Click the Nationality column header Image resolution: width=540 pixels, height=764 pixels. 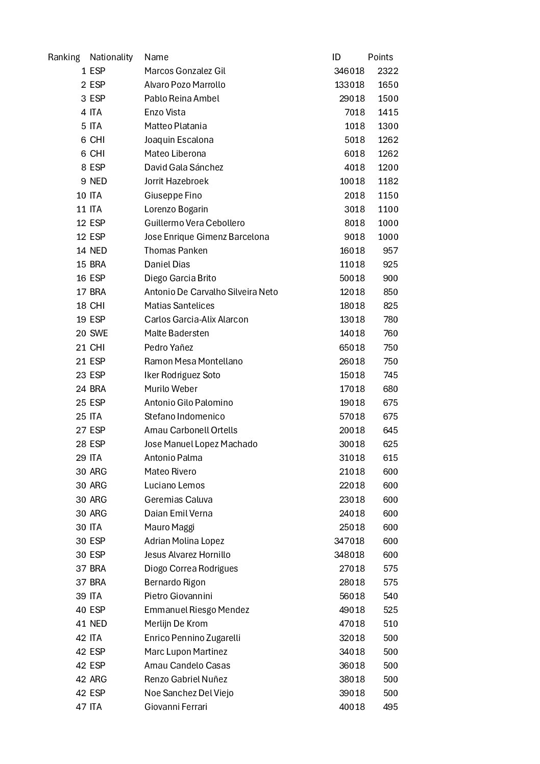click(x=111, y=57)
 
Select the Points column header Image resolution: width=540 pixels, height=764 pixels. click(x=380, y=57)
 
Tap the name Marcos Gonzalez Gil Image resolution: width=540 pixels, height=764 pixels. click(x=185, y=71)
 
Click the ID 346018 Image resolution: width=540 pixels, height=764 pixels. click(x=349, y=71)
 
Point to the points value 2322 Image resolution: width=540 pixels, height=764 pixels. click(x=388, y=71)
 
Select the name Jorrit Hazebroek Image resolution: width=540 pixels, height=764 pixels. click(x=176, y=181)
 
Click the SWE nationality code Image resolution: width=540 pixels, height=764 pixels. click(x=99, y=333)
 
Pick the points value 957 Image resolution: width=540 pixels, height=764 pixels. click(x=390, y=251)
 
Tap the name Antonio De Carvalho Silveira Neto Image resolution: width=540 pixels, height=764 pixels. click(x=211, y=292)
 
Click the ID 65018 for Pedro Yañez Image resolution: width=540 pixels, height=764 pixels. click(x=352, y=348)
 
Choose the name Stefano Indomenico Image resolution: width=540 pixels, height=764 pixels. click(x=184, y=416)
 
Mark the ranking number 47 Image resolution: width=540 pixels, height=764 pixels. click(x=81, y=707)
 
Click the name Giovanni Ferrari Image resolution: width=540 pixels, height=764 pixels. click(x=176, y=707)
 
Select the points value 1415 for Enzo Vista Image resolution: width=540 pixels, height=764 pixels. click(x=388, y=112)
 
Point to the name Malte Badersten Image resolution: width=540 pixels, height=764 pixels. click(x=177, y=333)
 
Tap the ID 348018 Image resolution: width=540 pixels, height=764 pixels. click(x=349, y=555)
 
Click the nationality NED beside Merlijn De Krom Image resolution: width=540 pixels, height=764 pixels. click(x=98, y=624)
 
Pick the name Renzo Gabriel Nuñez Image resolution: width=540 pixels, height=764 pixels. click(x=186, y=679)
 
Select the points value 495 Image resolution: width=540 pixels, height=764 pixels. click(x=390, y=707)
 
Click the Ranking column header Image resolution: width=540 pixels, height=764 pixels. click(x=64, y=57)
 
